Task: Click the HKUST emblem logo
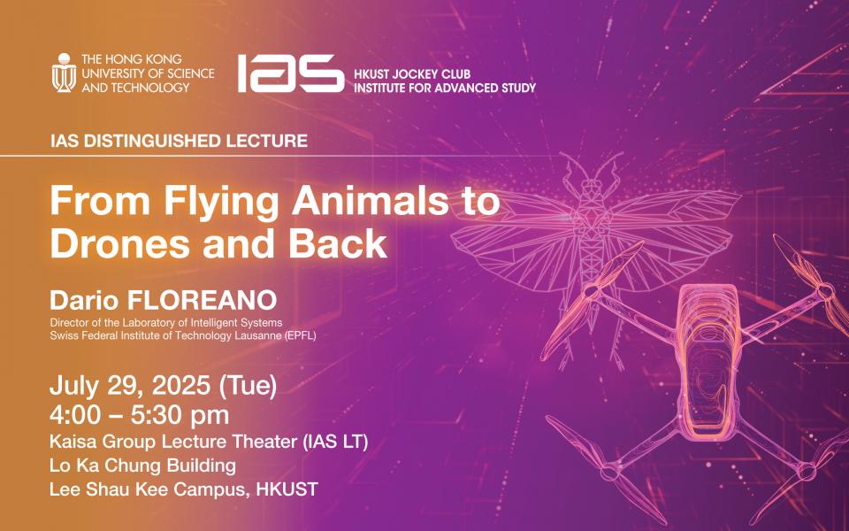point(64,73)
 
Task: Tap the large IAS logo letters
point(291,73)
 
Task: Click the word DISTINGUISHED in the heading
point(144,141)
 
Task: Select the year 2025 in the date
point(180,386)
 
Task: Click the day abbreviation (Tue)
point(248,386)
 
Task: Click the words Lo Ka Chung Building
point(143,466)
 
